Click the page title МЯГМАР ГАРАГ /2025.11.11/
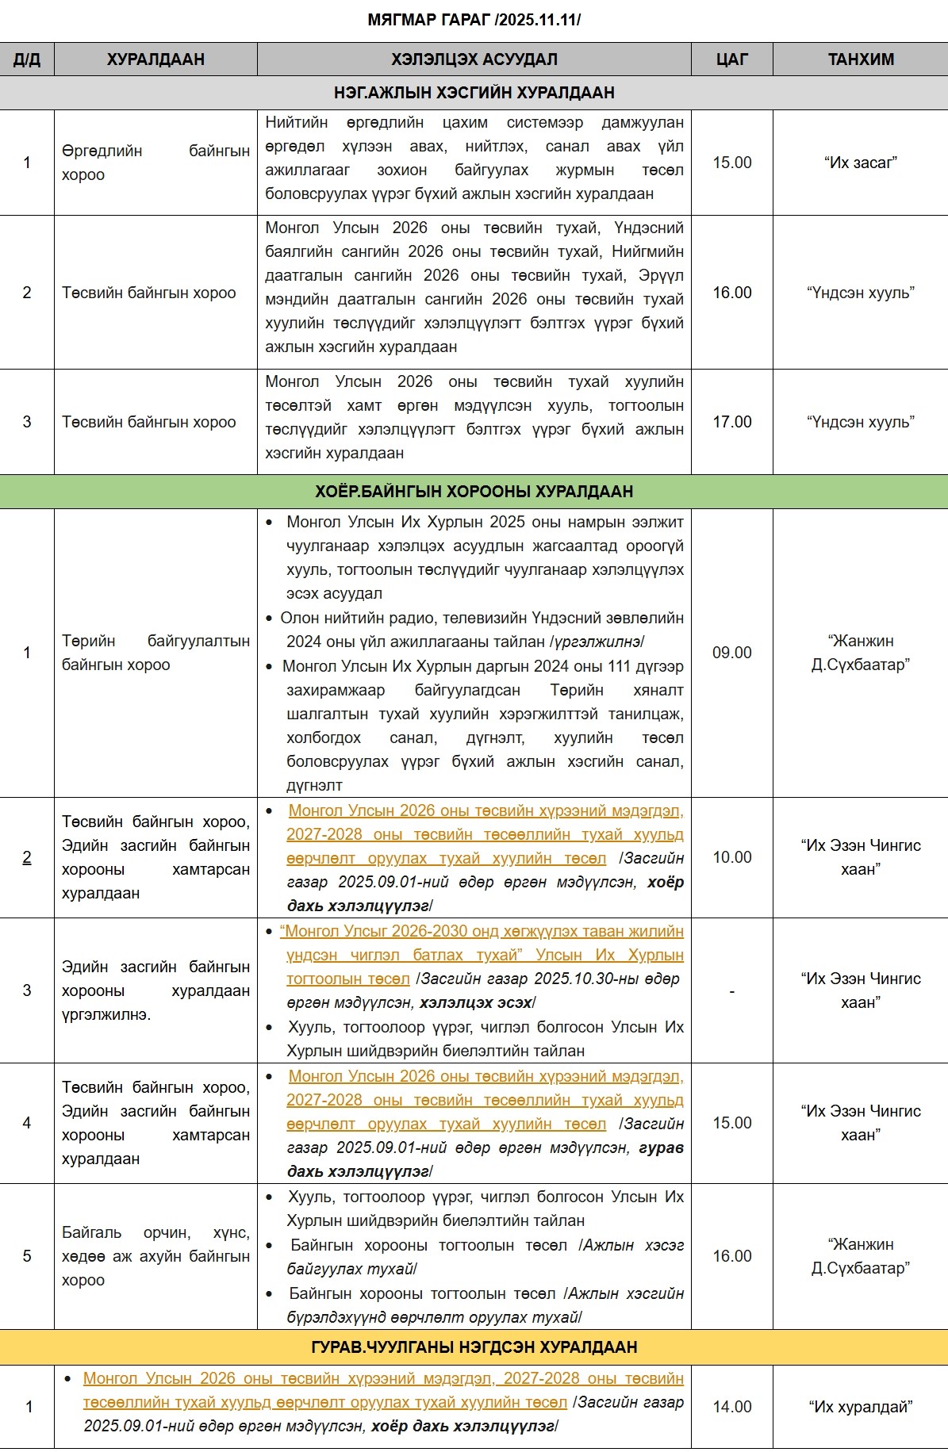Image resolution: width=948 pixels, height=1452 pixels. pyautogui.click(x=474, y=20)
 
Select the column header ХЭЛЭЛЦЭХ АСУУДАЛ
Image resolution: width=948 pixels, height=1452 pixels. pyautogui.click(x=474, y=59)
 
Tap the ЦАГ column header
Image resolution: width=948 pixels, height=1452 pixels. pyautogui.click(x=731, y=59)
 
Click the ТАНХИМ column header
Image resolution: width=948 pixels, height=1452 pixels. pyautogui.click(x=861, y=59)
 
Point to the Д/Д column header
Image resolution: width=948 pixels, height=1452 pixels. pyautogui.click(x=27, y=59)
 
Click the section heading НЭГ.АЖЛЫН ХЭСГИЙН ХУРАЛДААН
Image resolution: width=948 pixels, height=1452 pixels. pyautogui.click(x=474, y=93)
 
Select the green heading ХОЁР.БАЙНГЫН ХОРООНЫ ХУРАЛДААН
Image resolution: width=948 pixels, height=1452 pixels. pyautogui.click(x=474, y=492)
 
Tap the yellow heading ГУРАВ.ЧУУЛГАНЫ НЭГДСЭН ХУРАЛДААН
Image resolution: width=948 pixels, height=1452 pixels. pyautogui.click(x=474, y=1347)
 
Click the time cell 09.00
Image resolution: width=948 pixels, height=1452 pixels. pyautogui.click(x=731, y=653)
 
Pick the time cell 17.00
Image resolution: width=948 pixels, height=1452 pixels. pyautogui.click(x=731, y=422)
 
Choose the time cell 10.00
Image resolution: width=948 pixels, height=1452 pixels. pyautogui.click(x=731, y=857)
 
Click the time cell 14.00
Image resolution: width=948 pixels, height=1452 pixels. pyautogui.click(x=731, y=1407)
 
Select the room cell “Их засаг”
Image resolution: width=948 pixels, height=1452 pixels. pyautogui.click(x=861, y=163)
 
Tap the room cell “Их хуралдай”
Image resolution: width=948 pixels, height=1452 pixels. pyautogui.click(x=861, y=1407)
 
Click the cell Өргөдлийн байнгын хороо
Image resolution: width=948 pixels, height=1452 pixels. pyautogui.click(x=155, y=163)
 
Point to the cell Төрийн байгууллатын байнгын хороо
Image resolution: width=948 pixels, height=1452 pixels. pyautogui.click(x=155, y=653)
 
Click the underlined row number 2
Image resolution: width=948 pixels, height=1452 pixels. pyautogui.click(x=27, y=857)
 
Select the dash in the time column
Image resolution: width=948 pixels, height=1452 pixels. pyautogui.click(x=731, y=991)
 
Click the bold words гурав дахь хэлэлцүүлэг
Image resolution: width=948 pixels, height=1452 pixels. pyautogui.click(x=486, y=1159)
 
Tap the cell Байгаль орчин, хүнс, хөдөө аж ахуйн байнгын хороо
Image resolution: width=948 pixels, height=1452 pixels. pyautogui.click(x=155, y=1256)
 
